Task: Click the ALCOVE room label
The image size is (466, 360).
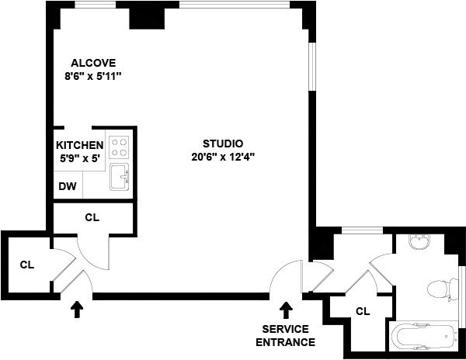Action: point(93,63)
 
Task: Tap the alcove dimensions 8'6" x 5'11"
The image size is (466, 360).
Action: point(93,76)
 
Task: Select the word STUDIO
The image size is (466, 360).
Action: point(223,144)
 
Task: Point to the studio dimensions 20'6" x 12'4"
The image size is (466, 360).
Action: point(223,157)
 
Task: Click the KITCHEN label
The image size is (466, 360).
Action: point(79,145)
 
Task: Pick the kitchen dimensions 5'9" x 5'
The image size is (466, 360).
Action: point(79,157)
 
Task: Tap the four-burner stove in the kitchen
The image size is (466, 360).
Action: point(118,146)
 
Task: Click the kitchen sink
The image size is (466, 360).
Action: point(119,176)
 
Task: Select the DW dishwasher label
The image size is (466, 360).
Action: point(68,187)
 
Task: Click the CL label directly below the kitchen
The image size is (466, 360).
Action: point(92,217)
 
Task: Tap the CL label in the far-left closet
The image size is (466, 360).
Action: point(27,265)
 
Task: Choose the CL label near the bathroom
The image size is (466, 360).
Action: point(362,311)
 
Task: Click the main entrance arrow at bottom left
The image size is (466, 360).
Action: point(77,310)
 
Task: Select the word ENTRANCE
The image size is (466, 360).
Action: point(285,342)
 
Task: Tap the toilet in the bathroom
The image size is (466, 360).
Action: point(440,290)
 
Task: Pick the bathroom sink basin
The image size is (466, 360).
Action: point(419,242)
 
